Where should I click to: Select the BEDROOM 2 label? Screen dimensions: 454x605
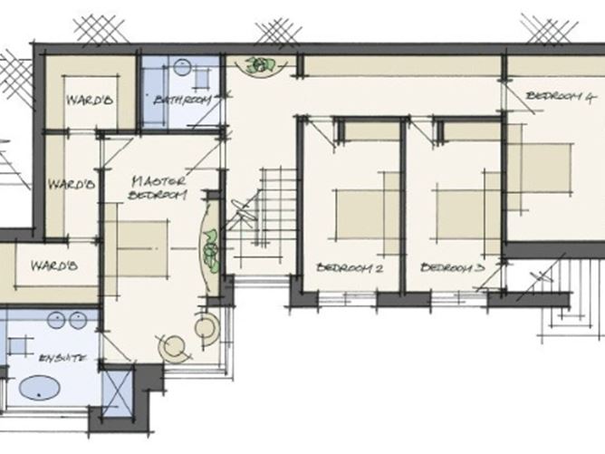(351, 268)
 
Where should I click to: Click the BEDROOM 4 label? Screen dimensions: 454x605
(560, 95)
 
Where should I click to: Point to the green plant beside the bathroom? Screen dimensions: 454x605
(263, 65)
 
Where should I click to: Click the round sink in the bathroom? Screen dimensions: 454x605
(181, 67)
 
